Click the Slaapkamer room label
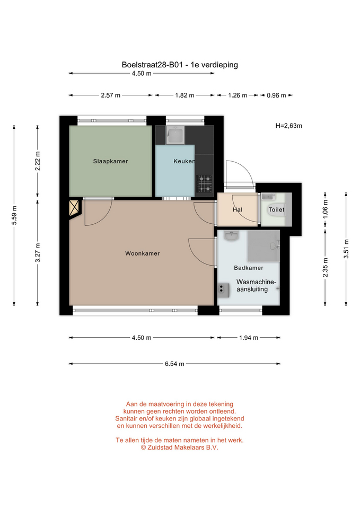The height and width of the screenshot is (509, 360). [x=110, y=161]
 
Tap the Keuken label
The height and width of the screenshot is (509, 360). [x=184, y=161]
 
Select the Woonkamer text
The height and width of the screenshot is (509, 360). [x=143, y=253]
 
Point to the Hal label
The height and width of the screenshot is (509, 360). [x=238, y=210]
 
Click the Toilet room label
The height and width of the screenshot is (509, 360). [x=276, y=210]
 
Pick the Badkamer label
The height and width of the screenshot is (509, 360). [x=249, y=268]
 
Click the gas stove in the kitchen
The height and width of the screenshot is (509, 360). [x=205, y=183]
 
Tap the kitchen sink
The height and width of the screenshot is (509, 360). [x=175, y=135]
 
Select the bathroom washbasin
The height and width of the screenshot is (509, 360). [x=231, y=236]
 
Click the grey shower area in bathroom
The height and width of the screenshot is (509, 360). [x=264, y=245]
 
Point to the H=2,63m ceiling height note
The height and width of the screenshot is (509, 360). [x=289, y=126]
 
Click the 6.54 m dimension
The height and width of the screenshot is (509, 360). [x=174, y=364]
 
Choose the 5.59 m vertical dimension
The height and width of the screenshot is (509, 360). [x=14, y=216]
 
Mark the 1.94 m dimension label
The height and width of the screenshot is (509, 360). [x=249, y=338]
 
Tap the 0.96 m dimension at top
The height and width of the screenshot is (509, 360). [x=277, y=95]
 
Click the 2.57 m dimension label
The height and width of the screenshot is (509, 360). [x=111, y=95]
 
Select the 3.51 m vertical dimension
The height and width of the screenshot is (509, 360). [x=346, y=249]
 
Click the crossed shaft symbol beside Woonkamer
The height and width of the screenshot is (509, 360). [x=75, y=208]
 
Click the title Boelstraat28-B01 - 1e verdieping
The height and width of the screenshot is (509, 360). [x=180, y=65]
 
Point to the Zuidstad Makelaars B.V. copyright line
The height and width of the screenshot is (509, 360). [x=180, y=447]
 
